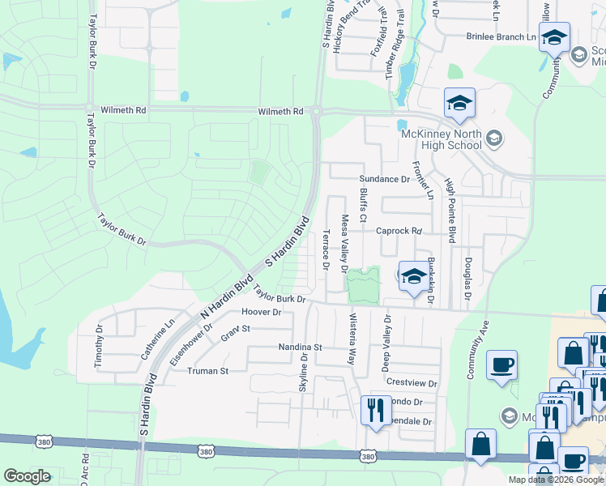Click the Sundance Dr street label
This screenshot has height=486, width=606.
(x=384, y=179)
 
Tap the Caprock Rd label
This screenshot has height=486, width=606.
(x=399, y=231)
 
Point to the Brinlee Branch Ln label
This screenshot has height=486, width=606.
(x=502, y=36)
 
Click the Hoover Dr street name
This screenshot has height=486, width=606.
(x=261, y=312)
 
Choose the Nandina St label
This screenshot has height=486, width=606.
(x=301, y=347)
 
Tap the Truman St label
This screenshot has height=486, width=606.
(x=209, y=371)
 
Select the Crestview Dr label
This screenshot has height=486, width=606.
(x=412, y=383)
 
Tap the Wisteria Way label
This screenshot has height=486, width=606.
(x=352, y=340)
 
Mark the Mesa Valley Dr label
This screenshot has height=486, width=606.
(x=344, y=242)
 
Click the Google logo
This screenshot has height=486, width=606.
(x=27, y=476)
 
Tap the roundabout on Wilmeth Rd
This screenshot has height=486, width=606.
(x=316, y=111)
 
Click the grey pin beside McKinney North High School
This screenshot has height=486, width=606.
(x=495, y=140)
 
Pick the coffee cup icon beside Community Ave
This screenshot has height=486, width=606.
(x=501, y=364)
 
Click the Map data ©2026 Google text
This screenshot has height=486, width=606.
(x=556, y=480)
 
